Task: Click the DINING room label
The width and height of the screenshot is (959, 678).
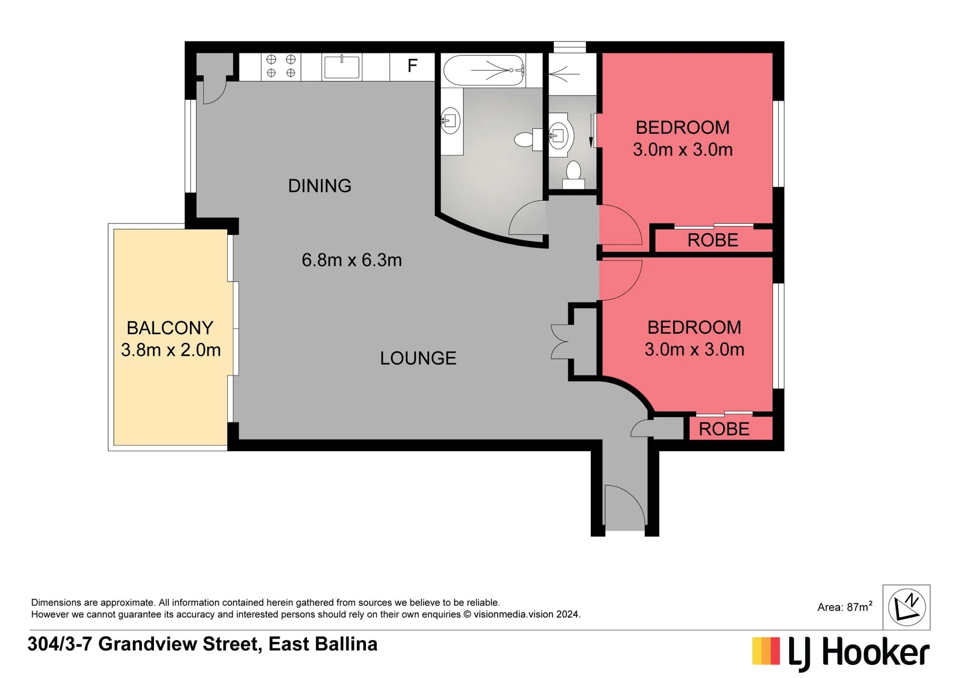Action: pyautogui.click(x=319, y=186)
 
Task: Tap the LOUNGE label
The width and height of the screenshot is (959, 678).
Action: pyautogui.click(x=418, y=358)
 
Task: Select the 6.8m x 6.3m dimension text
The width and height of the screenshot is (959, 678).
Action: pyautogui.click(x=351, y=260)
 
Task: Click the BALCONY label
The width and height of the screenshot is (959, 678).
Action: pyautogui.click(x=170, y=328)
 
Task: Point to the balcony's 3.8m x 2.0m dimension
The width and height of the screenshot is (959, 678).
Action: pyautogui.click(x=170, y=350)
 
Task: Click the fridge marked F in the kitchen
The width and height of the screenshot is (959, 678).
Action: pyautogui.click(x=412, y=66)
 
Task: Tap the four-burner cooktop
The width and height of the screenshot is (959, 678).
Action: pyautogui.click(x=281, y=66)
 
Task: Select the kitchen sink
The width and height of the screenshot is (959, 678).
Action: pyautogui.click(x=342, y=67)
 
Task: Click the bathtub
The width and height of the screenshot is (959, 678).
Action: pyautogui.click(x=484, y=70)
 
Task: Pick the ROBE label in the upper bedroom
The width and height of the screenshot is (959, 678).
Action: pyautogui.click(x=712, y=240)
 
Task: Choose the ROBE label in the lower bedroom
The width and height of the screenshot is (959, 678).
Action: pyautogui.click(x=724, y=429)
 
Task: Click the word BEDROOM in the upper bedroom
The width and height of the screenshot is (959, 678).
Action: pyautogui.click(x=682, y=128)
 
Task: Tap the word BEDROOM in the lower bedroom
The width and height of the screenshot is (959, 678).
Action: pyautogui.click(x=694, y=328)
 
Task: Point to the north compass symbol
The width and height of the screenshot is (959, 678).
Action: pyautogui.click(x=906, y=607)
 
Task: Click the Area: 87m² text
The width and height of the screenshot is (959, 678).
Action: pyautogui.click(x=845, y=607)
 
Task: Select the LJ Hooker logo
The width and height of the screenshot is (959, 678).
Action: pyautogui.click(x=840, y=653)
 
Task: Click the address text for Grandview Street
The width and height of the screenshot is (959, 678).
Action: pyautogui.click(x=202, y=644)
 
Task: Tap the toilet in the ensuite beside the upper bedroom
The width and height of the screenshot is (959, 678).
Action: pyautogui.click(x=573, y=174)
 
